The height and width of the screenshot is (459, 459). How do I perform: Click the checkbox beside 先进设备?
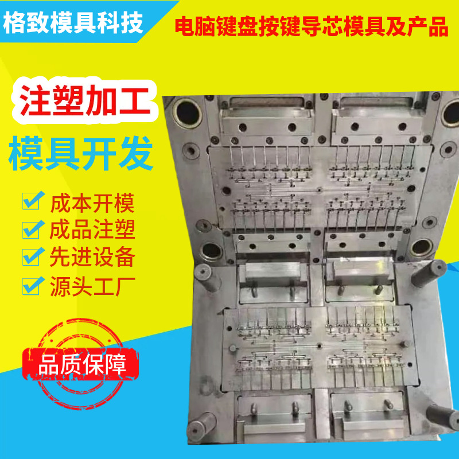coord(32,256)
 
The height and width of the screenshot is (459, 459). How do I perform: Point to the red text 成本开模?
coord(92,203)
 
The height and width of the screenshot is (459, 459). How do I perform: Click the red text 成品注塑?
coord(92,229)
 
